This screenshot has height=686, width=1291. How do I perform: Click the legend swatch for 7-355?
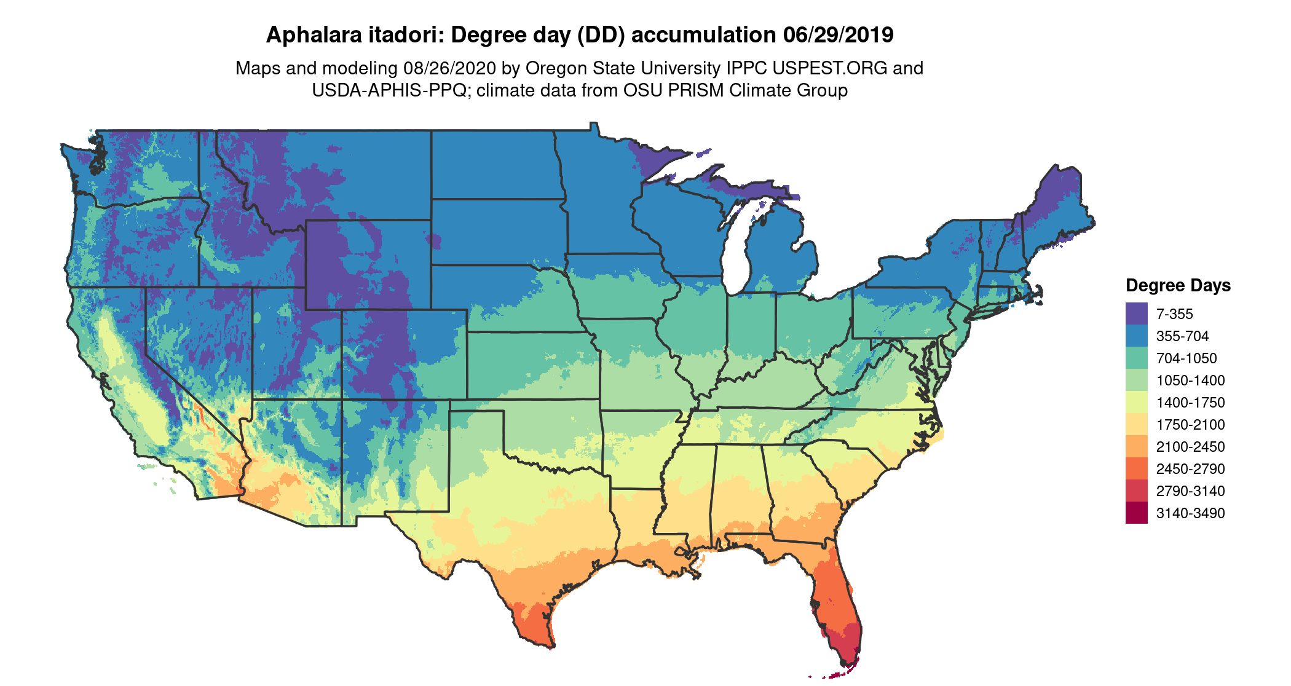coord(1136,313)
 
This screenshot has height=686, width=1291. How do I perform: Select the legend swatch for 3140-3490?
coord(1136,513)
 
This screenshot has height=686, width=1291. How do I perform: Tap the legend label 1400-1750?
coord(1190,403)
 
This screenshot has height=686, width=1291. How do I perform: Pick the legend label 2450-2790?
coord(1190,469)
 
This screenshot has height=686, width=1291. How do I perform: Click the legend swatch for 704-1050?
coord(1136,358)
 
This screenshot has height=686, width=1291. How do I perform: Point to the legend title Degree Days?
coord(1178,285)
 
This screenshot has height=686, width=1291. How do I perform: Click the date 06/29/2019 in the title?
coord(838,35)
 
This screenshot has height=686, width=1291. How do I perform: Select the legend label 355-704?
coord(1182,336)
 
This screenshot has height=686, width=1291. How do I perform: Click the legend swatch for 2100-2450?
coord(1136,446)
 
